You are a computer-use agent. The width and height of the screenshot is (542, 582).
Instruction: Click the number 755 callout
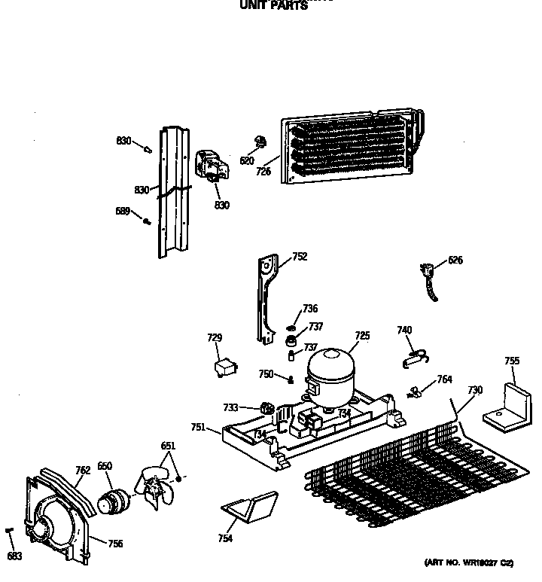[511, 361]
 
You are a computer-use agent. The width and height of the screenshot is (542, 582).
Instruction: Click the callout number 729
[215, 338]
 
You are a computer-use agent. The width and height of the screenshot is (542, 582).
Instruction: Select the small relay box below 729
[224, 368]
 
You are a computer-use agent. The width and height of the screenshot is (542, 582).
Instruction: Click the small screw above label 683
[10, 532]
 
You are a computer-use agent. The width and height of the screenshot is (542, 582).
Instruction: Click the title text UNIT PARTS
[273, 6]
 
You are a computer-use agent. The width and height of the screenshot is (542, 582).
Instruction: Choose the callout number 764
[444, 380]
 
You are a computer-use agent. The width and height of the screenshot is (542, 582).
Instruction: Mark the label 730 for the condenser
[474, 390]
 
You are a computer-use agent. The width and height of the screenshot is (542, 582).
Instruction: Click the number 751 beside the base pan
[198, 427]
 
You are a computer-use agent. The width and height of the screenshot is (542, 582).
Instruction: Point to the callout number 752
[300, 257]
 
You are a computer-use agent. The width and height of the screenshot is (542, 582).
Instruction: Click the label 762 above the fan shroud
[83, 471]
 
